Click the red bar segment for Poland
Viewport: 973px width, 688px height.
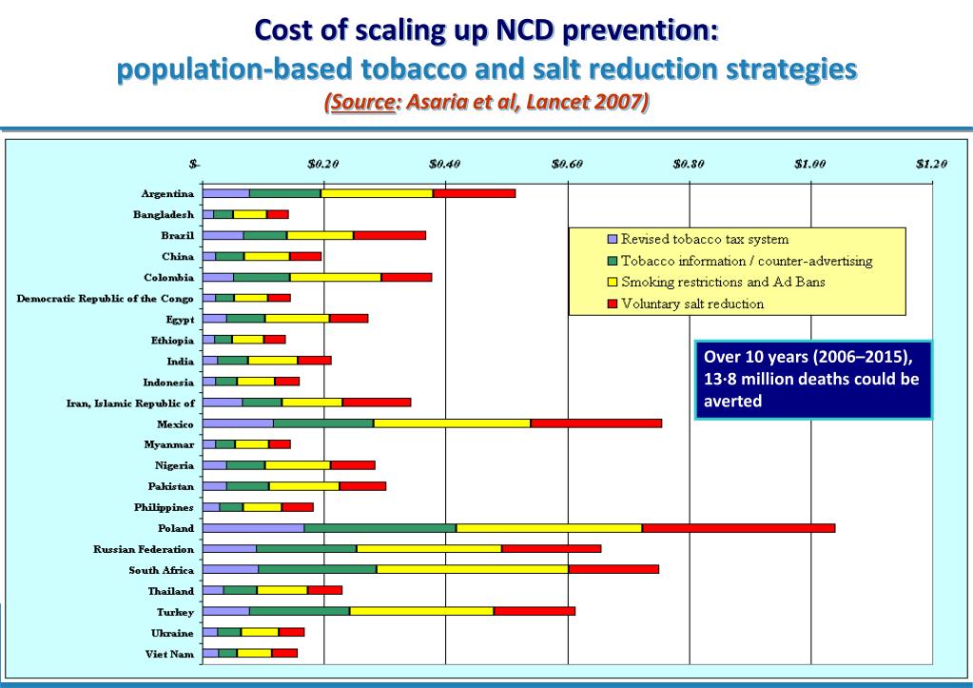coord(738,528)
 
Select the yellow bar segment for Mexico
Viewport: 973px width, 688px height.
coord(452,423)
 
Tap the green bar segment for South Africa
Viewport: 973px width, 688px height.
coord(317,570)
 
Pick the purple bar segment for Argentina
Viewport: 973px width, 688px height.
coord(226,193)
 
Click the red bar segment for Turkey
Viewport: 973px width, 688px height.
coord(535,612)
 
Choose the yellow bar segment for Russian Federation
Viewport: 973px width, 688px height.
coord(429,549)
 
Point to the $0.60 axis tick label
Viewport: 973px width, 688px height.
coord(567,163)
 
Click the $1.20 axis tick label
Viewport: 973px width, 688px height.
coord(931,163)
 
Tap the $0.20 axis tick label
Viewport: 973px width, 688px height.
coord(323,163)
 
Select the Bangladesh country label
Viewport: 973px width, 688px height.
coord(164,214)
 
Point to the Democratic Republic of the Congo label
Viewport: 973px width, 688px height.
coord(106,298)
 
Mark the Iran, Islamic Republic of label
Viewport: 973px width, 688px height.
coord(130,403)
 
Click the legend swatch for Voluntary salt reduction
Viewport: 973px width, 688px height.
coord(613,305)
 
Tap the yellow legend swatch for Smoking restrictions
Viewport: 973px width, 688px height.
coord(613,283)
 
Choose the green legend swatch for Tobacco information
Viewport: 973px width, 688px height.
coord(613,261)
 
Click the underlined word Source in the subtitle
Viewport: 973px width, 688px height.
coord(361,101)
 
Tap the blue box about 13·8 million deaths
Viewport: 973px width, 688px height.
coord(813,379)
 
